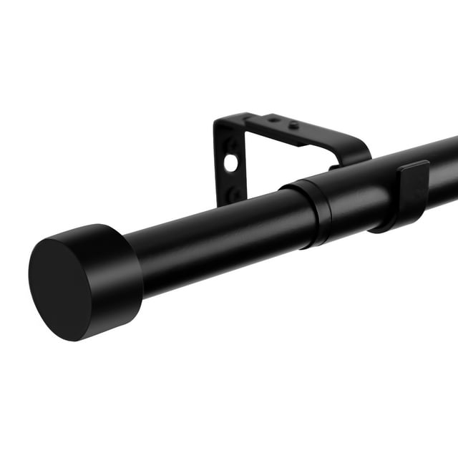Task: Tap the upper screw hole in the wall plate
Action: [x=233, y=145]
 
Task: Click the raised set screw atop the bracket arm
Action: [x=293, y=125]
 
